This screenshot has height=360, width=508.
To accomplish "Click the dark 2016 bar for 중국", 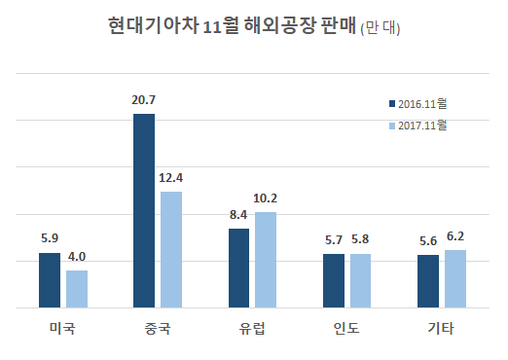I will click(144, 210).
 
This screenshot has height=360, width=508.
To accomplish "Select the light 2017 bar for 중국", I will click(171, 249).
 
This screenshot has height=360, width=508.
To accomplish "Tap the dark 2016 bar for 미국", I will click(50, 280).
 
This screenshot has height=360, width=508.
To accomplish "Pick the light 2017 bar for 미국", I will click(77, 289).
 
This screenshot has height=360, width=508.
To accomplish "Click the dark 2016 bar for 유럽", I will click(238, 268).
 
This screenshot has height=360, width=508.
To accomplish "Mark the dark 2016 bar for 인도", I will click(334, 280).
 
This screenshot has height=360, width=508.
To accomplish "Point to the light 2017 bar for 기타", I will click(455, 279).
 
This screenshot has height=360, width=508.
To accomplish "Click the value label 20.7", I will click(144, 99).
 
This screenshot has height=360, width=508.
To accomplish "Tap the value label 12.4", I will click(171, 177).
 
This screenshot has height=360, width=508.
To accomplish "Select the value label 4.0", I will click(77, 256).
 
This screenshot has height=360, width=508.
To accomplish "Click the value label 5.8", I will click(361, 239).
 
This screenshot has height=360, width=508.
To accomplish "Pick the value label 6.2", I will click(455, 235).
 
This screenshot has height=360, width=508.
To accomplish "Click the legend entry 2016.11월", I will click(421, 103).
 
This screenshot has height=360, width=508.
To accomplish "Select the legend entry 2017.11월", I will click(421, 126).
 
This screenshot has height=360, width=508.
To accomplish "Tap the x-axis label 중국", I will click(157, 328).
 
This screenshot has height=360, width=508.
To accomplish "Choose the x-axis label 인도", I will click(346, 328).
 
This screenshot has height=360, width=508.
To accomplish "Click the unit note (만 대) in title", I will click(381, 28).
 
